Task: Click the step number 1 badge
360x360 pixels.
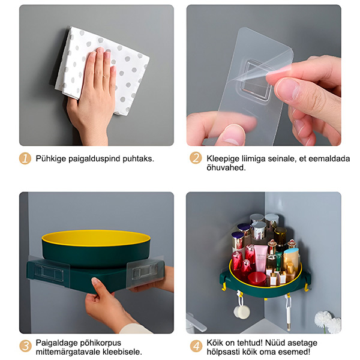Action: click(25, 158)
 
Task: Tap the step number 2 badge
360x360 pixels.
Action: click(196, 158)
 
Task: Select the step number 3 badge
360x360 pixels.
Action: click(25, 346)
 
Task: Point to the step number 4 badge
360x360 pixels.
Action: click(196, 346)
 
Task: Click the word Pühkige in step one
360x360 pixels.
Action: click(51, 159)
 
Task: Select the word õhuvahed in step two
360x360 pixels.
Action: click(226, 168)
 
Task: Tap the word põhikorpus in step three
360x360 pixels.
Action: click(100, 343)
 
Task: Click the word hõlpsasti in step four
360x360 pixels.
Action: click(223, 352)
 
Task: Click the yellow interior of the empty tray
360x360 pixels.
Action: click(96, 238)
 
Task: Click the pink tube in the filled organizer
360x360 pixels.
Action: click(261, 258)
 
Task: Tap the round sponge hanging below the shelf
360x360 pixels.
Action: click(242, 311)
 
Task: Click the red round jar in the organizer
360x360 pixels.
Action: click(257, 278)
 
